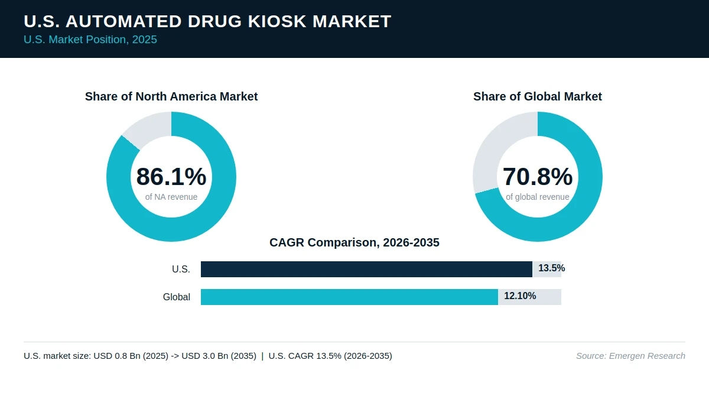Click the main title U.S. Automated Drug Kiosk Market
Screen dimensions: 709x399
pyautogui.click(x=207, y=21)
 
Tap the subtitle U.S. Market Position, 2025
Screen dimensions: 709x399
pyautogui.click(x=90, y=40)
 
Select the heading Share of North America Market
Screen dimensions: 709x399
pyautogui.click(x=171, y=96)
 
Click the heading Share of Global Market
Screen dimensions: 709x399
pyautogui.click(x=538, y=96)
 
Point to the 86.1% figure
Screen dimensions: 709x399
pyautogui.click(x=171, y=176)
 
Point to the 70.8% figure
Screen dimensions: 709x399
pyautogui.click(x=538, y=176)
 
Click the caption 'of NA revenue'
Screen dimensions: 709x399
pyautogui.click(x=171, y=197)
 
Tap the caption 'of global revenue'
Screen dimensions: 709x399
pyautogui.click(x=538, y=197)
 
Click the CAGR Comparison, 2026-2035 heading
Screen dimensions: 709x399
pyautogui.click(x=354, y=242)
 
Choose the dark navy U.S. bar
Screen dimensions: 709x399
pyautogui.click(x=366, y=269)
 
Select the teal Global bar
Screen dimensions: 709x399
pyautogui.click(x=349, y=297)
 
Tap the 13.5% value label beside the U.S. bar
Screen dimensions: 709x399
pyautogui.click(x=551, y=268)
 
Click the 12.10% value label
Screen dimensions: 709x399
pyautogui.click(x=520, y=296)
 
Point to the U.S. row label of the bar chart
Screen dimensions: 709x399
pyautogui.click(x=181, y=269)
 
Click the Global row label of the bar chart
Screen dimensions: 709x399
pyautogui.click(x=177, y=297)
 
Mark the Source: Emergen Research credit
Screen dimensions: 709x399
pyautogui.click(x=630, y=356)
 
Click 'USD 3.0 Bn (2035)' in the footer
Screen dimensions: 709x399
pyautogui.click(x=219, y=356)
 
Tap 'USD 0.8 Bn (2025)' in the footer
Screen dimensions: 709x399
pyautogui.click(x=131, y=356)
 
